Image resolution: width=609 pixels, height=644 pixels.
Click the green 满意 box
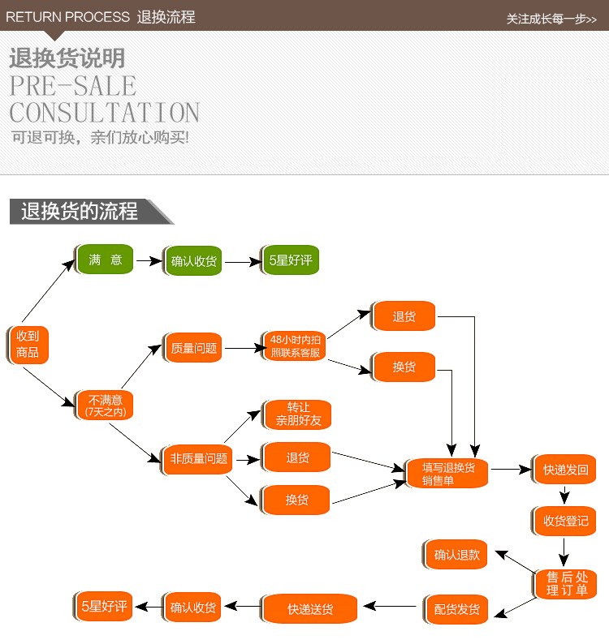coord(105,260)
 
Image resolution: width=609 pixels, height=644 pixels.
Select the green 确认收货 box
coord(193,261)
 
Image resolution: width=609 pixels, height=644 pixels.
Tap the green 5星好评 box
coord(291,260)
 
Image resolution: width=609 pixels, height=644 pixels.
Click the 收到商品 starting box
coord(28,345)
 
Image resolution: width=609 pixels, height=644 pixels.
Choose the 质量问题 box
coord(193,347)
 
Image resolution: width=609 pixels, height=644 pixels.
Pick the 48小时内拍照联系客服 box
coord(294,346)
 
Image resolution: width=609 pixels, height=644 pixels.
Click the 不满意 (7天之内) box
coord(105,406)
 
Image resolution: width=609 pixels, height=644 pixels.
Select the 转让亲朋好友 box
coord(297,414)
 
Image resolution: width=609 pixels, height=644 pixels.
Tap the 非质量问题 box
coord(197,459)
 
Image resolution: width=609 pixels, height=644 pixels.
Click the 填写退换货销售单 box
coord(447,473)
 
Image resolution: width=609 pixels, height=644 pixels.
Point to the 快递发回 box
coord(564,469)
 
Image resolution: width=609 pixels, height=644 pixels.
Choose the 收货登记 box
coord(564,521)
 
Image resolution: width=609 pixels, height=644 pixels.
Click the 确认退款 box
coord(456,555)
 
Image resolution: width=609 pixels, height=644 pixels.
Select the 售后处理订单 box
coord(565,584)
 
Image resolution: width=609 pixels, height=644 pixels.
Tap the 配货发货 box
coord(456,609)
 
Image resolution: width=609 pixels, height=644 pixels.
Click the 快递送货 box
coord(309,608)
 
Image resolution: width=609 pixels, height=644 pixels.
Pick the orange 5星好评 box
coord(103,606)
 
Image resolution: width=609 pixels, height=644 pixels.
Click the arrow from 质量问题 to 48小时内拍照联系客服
coord(245,348)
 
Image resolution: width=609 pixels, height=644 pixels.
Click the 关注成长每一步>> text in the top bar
coord(551,19)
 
